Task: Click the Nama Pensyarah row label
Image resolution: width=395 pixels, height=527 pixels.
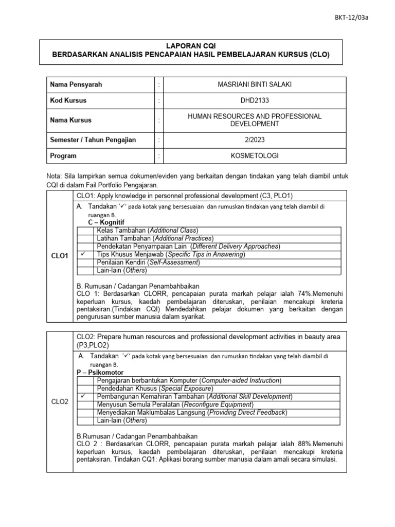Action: tap(74, 84)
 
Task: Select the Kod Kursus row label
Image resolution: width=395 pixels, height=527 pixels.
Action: tap(68, 100)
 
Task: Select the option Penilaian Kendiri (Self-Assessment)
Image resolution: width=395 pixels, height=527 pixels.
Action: tap(148, 262)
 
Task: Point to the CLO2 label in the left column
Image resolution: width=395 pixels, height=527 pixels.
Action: tap(60, 402)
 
